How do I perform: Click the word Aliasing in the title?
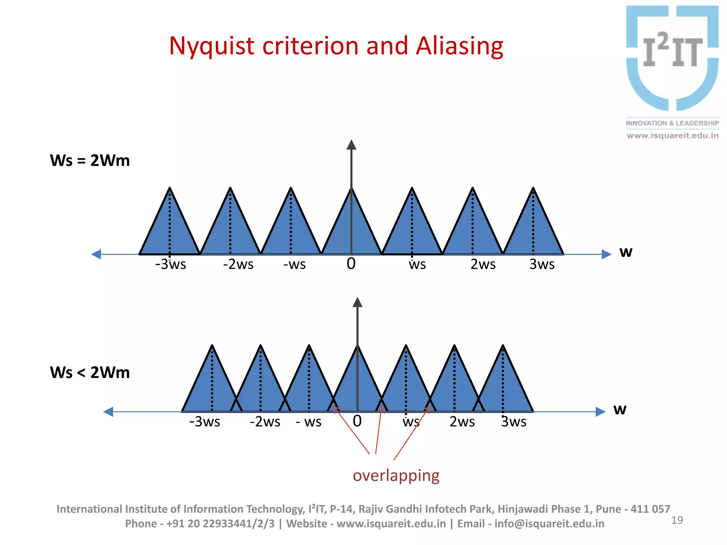coord(459,46)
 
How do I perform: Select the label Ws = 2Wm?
coord(90,160)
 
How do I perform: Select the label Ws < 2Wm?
coord(90,373)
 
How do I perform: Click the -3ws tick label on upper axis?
coord(170,264)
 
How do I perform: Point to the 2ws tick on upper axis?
coord(483,264)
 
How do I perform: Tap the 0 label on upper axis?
coord(351,264)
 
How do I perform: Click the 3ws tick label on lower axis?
coord(514,422)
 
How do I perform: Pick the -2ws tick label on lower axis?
coord(265,422)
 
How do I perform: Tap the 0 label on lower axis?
coord(357,421)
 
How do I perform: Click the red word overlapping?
coord(396,476)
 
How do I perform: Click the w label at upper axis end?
coord(626,252)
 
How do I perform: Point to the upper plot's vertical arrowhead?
coord(351,145)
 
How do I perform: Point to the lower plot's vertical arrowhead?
coord(357,302)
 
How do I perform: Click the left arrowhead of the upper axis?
coord(96,254)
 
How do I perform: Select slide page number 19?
coord(677,520)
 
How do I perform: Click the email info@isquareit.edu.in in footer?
coord(549,524)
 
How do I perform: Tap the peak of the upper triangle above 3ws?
coord(533,188)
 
